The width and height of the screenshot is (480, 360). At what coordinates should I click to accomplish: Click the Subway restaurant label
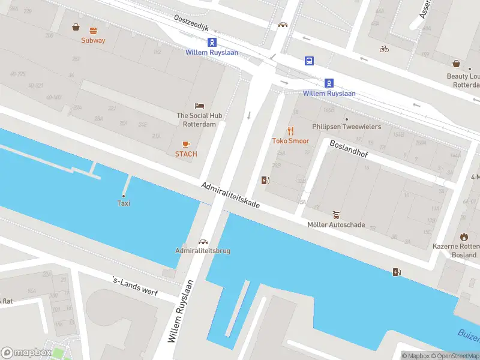point(93,40)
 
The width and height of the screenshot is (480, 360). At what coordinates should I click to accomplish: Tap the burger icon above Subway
point(93,30)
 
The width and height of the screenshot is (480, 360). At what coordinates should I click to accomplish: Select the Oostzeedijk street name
point(190,24)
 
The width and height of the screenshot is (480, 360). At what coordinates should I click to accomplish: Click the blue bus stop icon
point(309,61)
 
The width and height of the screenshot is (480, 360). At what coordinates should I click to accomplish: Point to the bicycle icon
point(384,49)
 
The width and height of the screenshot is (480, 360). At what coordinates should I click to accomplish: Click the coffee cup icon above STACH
point(186,144)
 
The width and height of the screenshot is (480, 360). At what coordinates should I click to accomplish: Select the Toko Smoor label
point(290,141)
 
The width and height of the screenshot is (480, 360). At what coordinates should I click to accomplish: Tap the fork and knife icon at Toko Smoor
point(291,131)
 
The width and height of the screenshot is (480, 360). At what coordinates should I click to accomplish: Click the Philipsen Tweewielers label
point(346,127)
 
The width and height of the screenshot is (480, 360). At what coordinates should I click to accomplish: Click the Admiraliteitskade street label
point(230,195)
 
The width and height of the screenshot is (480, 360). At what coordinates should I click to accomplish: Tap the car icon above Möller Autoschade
point(336,215)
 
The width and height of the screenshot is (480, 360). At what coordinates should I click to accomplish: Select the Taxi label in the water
point(124,203)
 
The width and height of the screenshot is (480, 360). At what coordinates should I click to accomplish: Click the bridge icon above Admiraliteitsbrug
point(203,241)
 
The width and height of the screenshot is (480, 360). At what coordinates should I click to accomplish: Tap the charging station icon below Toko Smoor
point(265,180)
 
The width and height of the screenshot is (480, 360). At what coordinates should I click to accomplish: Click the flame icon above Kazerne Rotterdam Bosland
point(463,237)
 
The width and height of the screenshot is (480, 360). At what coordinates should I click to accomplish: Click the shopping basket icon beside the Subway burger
point(76,26)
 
